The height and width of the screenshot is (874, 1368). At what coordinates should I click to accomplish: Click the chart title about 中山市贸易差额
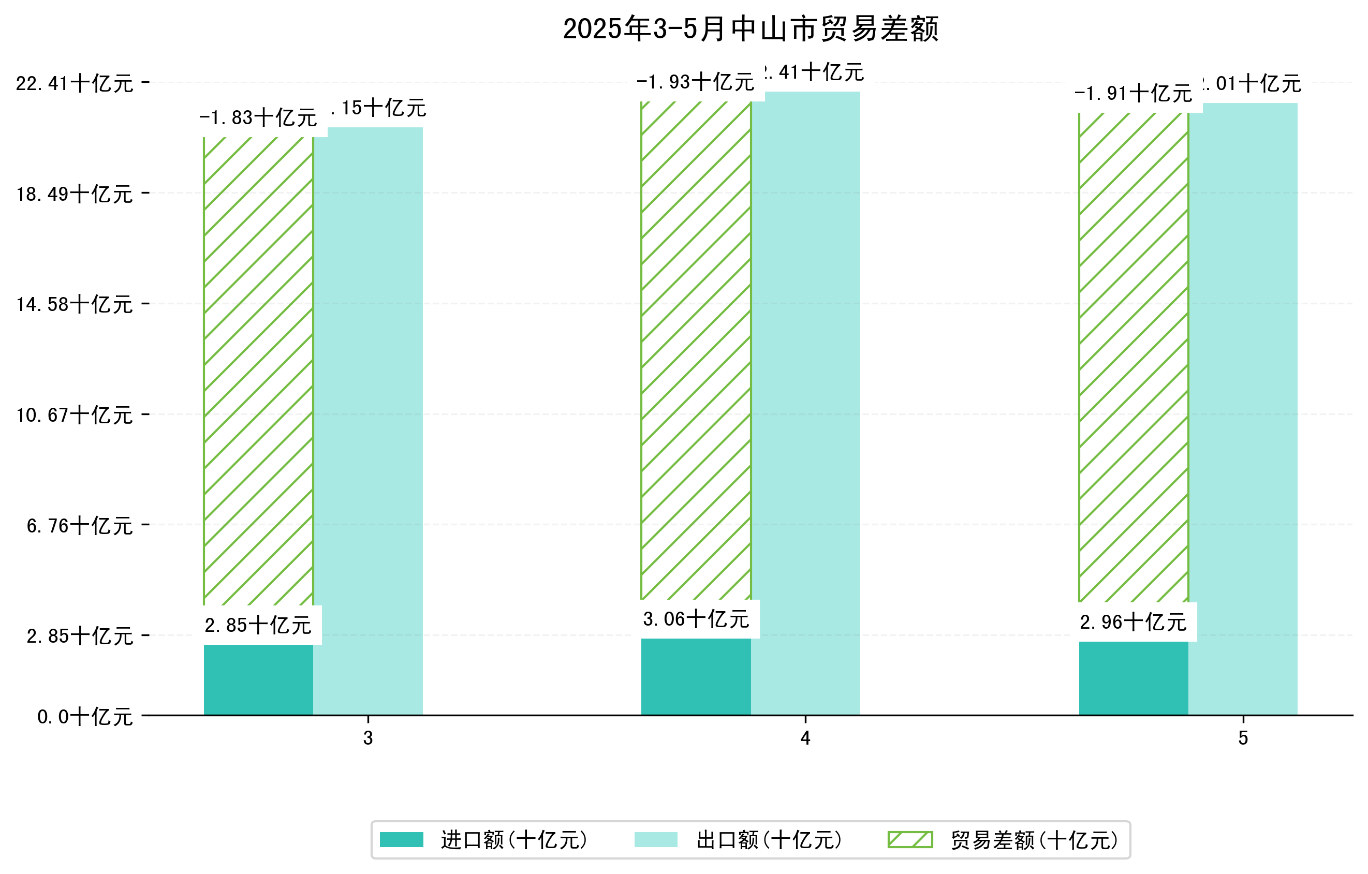[x=750, y=29]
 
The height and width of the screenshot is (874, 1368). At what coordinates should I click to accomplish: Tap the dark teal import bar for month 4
[x=696, y=676]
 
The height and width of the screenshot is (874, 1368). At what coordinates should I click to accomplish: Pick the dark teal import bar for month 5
[x=1134, y=678]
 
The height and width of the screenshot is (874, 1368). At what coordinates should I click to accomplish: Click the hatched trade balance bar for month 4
[x=696, y=349]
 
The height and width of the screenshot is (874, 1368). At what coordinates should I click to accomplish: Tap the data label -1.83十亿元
[x=258, y=118]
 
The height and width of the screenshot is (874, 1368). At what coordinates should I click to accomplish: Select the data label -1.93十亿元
[x=696, y=82]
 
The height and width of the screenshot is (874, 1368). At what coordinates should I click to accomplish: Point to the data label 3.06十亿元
[x=696, y=619]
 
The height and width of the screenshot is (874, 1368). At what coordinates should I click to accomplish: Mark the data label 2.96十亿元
[x=1134, y=623]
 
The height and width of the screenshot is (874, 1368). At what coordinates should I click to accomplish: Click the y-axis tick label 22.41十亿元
[x=75, y=84]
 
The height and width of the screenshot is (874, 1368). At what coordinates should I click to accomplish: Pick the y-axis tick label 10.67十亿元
[x=75, y=416]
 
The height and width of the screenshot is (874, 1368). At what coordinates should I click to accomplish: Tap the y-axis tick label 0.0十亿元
[x=85, y=717]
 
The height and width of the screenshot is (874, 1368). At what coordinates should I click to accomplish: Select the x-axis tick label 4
[x=805, y=738]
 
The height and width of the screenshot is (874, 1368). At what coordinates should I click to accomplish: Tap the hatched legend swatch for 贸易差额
[x=910, y=840]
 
